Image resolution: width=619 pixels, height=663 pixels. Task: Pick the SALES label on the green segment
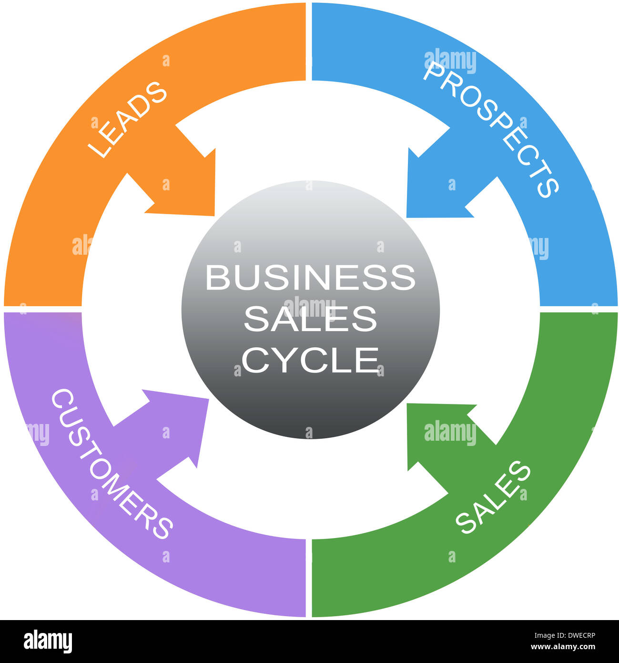pyautogui.click(x=493, y=497)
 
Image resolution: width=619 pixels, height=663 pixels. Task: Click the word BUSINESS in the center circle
pyautogui.click(x=310, y=278)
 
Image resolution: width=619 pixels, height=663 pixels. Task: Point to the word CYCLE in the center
pyautogui.click(x=311, y=360)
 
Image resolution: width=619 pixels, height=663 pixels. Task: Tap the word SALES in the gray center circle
pyautogui.click(x=310, y=319)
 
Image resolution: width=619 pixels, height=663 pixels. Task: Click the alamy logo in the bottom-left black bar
pyautogui.click(x=48, y=642)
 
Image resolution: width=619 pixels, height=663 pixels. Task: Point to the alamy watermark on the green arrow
pyautogui.click(x=450, y=433)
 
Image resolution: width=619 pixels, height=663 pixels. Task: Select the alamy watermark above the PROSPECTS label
pyautogui.click(x=450, y=61)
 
